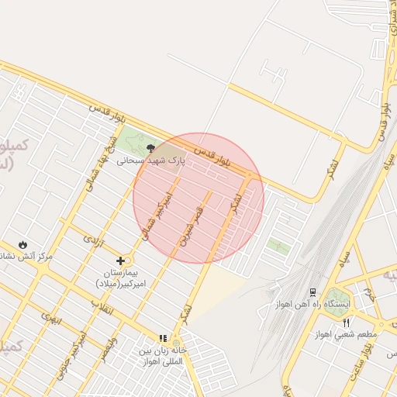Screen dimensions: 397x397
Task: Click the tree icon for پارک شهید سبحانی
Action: point(151,148)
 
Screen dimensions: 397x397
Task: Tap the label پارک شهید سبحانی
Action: point(152,161)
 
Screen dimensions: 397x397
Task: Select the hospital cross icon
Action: point(119,261)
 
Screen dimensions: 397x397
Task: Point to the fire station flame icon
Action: point(22,244)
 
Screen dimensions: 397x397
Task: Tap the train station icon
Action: point(312,292)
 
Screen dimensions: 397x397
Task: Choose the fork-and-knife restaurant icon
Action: point(347,323)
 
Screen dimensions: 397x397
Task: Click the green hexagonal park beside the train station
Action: point(337,297)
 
